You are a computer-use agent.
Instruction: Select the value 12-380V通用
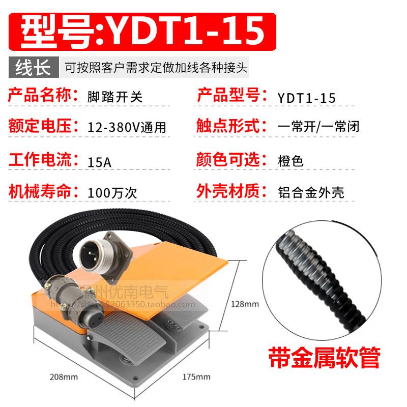[126, 126]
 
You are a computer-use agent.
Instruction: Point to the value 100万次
[112, 193]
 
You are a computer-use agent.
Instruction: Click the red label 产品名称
[44, 96]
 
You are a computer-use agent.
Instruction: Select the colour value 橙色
[291, 162]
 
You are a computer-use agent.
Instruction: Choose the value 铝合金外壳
[311, 193]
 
